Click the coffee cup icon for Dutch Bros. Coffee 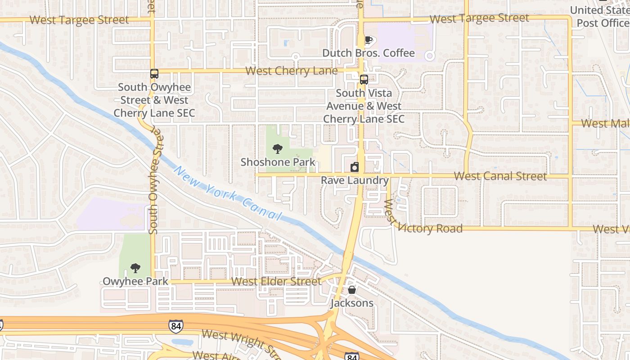(369, 40)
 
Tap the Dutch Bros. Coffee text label (369, 53)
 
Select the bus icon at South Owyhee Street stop (154, 74)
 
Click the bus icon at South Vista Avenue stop (364, 80)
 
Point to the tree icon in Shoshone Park (278, 148)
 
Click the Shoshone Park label (278, 162)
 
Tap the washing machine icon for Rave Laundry (355, 167)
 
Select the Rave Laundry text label (355, 180)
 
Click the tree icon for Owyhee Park (135, 269)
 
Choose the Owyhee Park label (135, 282)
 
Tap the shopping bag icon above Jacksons (352, 290)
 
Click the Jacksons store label (352, 303)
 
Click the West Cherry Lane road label (292, 71)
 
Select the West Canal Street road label (500, 176)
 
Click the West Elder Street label (276, 282)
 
